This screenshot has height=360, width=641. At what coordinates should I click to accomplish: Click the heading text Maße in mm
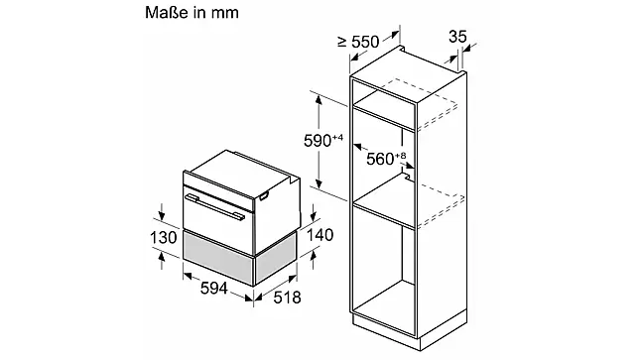[x=192, y=12]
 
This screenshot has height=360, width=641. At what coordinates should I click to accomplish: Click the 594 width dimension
[x=213, y=288]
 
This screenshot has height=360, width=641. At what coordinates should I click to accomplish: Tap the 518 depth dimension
[x=287, y=298]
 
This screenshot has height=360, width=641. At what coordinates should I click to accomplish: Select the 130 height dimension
[x=163, y=237]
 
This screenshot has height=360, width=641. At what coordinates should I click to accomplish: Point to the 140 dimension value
[x=320, y=235]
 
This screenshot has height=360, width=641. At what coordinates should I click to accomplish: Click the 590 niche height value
[x=318, y=141]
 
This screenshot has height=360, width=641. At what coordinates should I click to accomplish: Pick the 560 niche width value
[x=380, y=159]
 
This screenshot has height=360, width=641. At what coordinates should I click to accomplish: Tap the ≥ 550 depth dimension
[x=358, y=42]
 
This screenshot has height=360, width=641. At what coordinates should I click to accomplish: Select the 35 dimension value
[x=457, y=37]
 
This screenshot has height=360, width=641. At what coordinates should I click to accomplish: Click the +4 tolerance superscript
[x=337, y=137]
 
